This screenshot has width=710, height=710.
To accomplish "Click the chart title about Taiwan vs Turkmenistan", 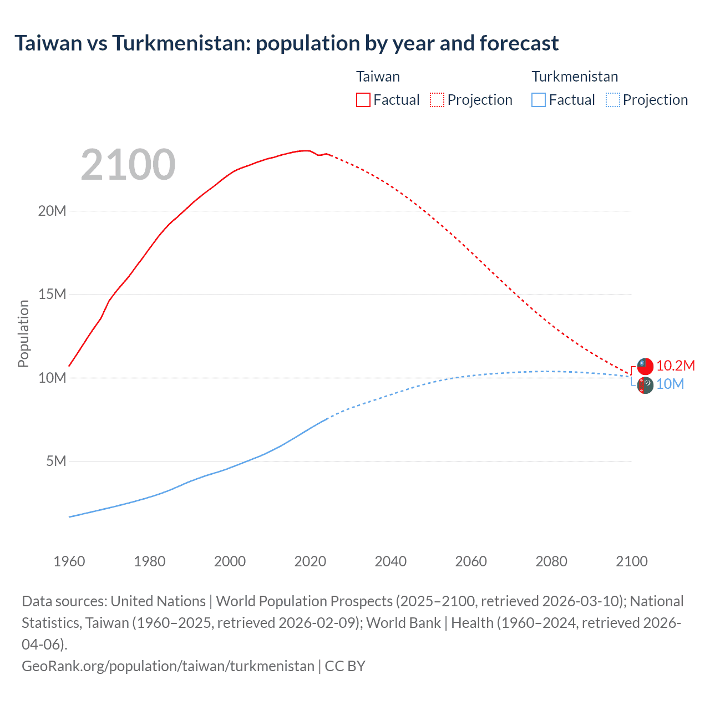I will (286, 43).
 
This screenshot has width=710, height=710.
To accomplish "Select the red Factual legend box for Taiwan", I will (363, 100).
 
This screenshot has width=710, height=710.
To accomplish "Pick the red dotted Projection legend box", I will (437, 100).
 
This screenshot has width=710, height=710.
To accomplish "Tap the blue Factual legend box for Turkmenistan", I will (538, 100).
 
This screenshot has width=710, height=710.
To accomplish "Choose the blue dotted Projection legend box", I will (612, 100).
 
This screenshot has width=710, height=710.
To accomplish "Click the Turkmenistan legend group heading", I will (575, 77).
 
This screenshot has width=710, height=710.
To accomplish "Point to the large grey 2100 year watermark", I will (128, 165).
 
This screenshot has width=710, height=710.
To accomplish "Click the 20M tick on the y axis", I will (52, 211).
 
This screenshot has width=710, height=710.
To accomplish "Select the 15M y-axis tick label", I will (52, 294).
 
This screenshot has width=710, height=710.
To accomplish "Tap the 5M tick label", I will (55, 461).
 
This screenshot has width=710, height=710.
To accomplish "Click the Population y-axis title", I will (23, 333).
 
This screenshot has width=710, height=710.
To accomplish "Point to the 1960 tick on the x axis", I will (69, 561).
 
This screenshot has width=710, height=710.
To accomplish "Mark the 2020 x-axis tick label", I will (310, 561).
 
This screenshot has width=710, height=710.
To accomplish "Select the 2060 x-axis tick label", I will (471, 561).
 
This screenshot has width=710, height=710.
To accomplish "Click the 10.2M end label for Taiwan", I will (675, 366).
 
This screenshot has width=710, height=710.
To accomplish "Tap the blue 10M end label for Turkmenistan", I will (670, 384).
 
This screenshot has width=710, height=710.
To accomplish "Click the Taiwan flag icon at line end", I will (645, 366).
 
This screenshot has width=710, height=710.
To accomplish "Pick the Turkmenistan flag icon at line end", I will (645, 385).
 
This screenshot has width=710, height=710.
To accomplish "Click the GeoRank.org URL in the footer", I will (168, 666).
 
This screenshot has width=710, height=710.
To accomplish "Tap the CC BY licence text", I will (345, 666).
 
